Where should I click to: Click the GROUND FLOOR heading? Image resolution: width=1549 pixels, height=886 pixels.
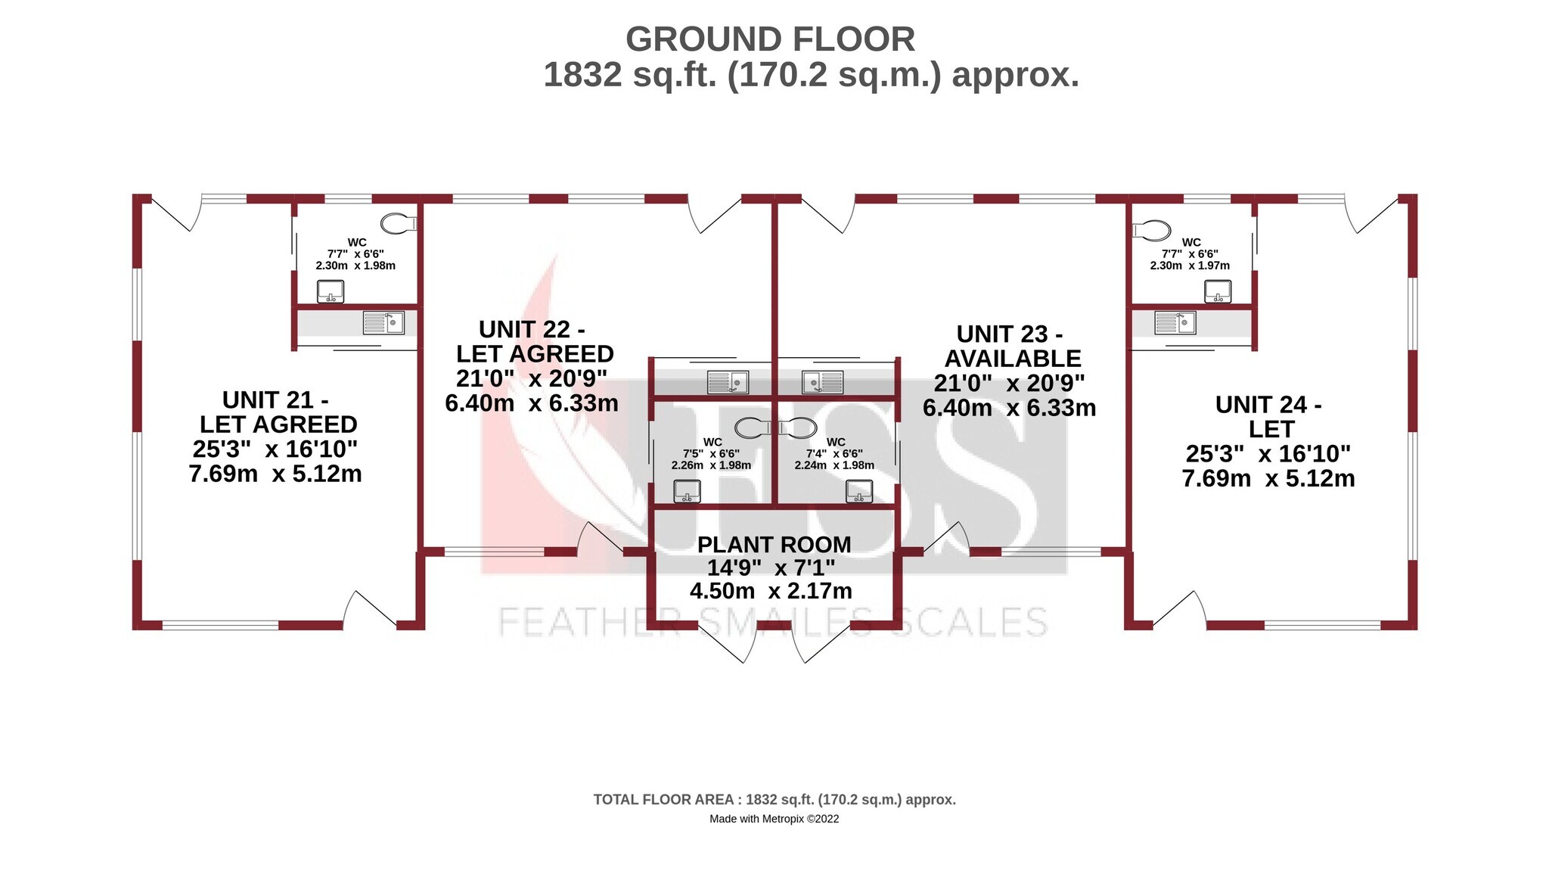(770, 39)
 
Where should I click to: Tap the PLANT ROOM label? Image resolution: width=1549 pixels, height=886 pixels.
(774, 545)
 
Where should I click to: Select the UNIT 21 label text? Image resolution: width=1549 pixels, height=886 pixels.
(275, 399)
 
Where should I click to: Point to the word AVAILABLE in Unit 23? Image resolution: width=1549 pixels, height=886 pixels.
(1013, 359)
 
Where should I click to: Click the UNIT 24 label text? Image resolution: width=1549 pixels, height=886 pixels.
(1268, 405)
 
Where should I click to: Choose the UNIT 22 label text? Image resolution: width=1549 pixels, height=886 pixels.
(532, 330)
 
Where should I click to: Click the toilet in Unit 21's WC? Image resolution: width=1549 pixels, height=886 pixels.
(398, 223)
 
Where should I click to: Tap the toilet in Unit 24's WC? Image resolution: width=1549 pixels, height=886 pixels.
(1151, 230)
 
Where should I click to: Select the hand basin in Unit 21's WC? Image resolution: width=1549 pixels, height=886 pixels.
(330, 291)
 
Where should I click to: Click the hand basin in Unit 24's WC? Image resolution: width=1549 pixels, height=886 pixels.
(1218, 291)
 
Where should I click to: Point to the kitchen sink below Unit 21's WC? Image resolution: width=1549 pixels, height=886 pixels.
(383, 323)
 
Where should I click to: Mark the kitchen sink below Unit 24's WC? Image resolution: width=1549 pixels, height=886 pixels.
(1175, 323)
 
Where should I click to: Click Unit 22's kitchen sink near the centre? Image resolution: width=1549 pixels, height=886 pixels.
(728, 382)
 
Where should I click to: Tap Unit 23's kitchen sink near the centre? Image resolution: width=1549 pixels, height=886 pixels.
(823, 382)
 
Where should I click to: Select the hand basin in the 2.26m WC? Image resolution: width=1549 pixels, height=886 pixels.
(687, 492)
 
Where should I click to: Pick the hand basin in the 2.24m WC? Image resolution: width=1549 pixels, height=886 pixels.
(859, 492)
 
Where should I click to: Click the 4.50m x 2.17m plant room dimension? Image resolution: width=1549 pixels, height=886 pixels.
(771, 591)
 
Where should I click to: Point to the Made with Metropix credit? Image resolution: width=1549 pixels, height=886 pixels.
(774, 819)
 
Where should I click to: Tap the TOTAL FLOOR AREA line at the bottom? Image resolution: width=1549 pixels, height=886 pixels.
(774, 800)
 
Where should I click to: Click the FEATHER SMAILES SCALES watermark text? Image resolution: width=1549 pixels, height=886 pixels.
(773, 622)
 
